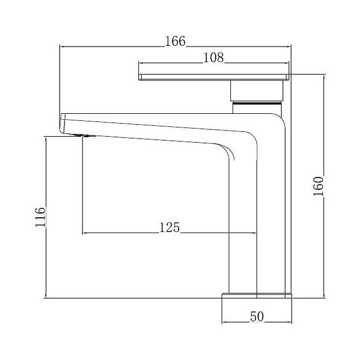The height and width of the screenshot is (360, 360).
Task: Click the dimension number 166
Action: coord(175,42)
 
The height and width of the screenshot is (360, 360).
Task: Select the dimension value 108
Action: coord(213,57)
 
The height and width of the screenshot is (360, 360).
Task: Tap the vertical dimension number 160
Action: coord(318,186)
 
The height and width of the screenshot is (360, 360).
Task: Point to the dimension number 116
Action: coord(40,217)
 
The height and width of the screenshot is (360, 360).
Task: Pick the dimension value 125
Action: coord(170,228)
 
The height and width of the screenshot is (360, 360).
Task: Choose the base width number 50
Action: coord(257,317)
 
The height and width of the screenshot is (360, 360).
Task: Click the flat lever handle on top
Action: coord(214,77)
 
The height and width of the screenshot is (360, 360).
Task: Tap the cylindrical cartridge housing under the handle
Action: coord(257,91)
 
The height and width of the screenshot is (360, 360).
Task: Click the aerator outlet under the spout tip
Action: coord(83,136)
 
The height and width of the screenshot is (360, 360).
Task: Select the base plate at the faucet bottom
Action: coord(257,295)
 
